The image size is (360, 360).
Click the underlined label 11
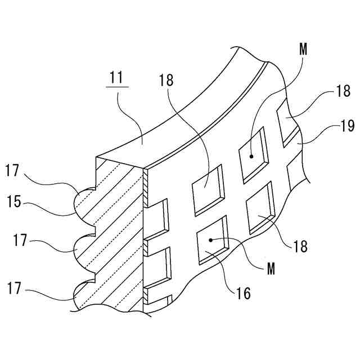point(116,78)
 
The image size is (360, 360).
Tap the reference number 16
point(243,292)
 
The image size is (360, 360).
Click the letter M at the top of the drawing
point(304,49)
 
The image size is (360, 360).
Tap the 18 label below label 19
point(301,246)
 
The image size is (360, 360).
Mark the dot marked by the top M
point(252,156)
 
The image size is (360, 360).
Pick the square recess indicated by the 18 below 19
point(259,209)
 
